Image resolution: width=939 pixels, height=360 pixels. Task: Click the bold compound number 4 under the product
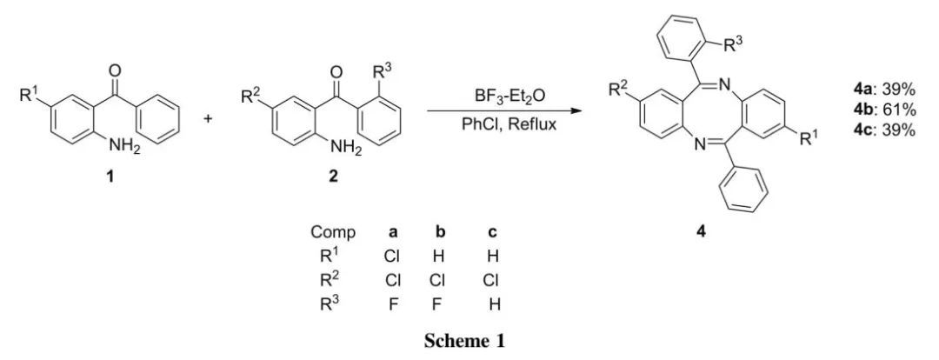point(702,233)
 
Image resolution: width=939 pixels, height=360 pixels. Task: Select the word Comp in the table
point(332,234)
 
